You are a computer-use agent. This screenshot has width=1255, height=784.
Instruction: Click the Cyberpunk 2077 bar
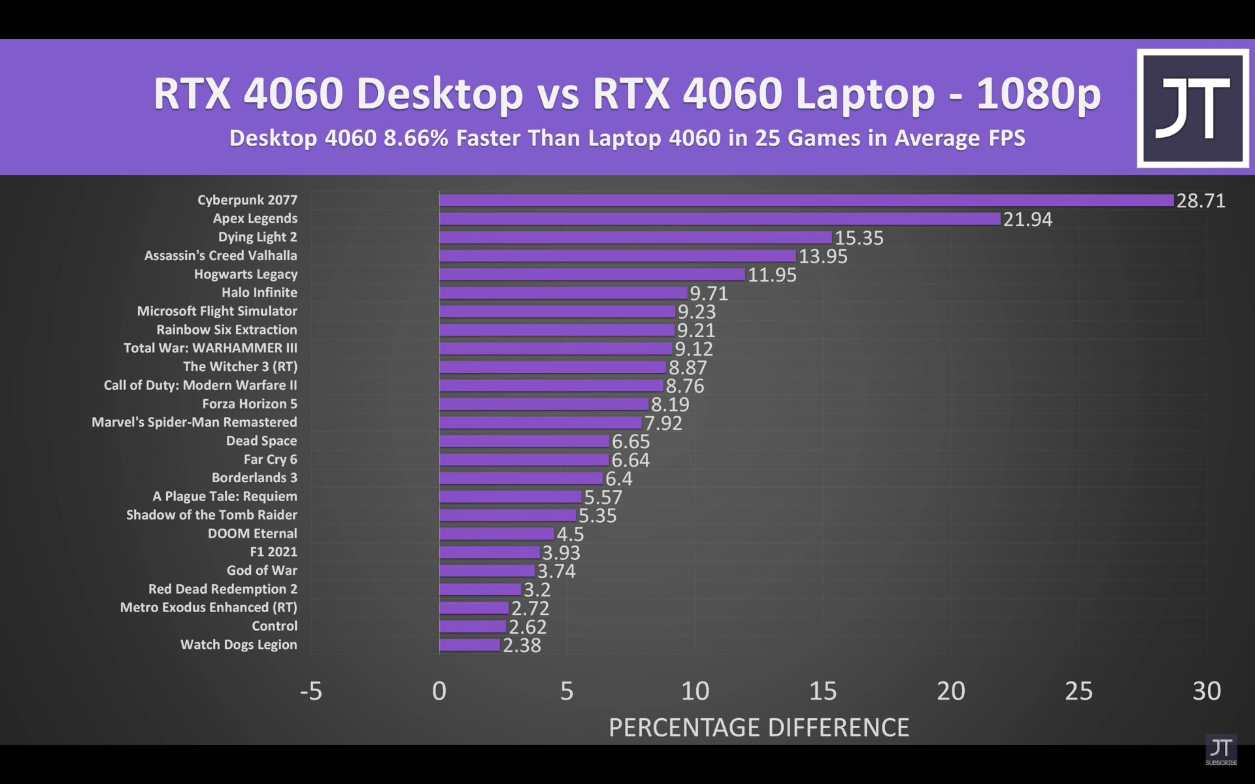806,200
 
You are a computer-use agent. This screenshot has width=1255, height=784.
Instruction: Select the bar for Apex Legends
719,219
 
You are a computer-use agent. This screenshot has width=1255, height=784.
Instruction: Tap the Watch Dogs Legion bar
469,645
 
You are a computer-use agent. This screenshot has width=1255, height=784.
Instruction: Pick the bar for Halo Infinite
563,293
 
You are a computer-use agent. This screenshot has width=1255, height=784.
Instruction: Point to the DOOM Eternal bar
496,534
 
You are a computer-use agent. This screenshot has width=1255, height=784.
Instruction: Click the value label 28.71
1201,201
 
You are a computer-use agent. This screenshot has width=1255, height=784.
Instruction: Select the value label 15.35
859,238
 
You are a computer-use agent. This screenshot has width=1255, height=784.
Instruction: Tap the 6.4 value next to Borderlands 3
619,479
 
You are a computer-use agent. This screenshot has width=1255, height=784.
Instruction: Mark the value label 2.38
522,645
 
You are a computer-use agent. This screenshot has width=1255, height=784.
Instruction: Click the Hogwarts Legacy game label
246,274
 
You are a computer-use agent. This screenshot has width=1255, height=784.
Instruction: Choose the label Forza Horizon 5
250,404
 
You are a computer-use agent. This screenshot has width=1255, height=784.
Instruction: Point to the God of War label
261,570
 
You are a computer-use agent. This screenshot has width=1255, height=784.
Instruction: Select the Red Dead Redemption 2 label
222,589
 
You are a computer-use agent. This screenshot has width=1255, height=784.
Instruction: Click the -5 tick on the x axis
311,691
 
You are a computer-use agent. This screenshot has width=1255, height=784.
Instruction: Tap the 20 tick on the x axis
950,691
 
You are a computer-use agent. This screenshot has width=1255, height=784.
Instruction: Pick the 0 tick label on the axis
439,691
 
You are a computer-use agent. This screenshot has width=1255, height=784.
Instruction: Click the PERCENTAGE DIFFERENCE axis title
759,727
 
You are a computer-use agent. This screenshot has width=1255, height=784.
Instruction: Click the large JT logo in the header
1192,108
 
